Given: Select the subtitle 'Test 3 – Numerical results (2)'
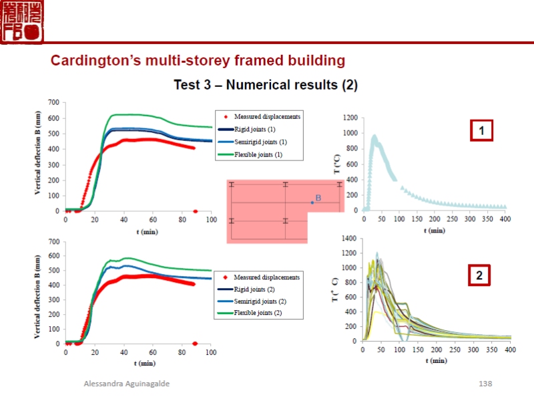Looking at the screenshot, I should pos(266,85).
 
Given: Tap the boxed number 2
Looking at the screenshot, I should pos(479,275).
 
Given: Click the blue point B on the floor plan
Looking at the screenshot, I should pos(312,202).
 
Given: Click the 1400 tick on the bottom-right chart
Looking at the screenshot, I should pos(350,238).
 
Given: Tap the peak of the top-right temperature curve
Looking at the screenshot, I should pos(374,136).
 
